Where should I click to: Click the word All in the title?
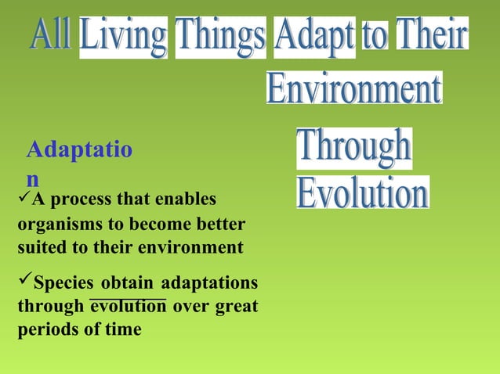52,36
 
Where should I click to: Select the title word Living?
123,38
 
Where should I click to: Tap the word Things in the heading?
220,38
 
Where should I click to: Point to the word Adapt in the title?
314,38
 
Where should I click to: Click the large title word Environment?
353,88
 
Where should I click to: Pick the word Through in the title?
353,149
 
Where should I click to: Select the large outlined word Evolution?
363,192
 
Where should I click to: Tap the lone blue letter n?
32,178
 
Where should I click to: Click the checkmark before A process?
23,198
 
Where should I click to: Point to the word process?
81,200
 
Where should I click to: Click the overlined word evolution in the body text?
128,307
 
